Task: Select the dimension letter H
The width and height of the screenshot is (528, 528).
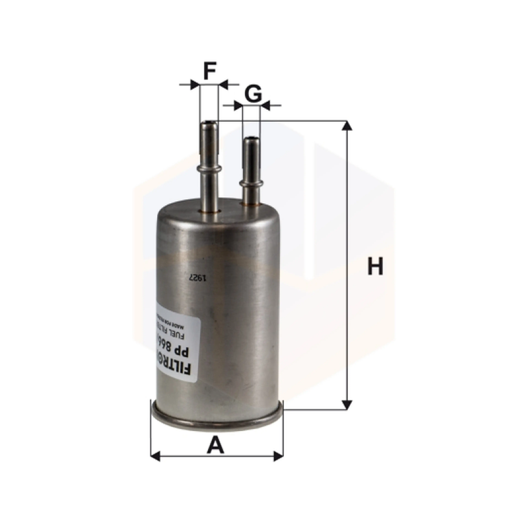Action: pyautogui.click(x=375, y=266)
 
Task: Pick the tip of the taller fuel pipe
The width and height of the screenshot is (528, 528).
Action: pyautogui.click(x=209, y=123)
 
